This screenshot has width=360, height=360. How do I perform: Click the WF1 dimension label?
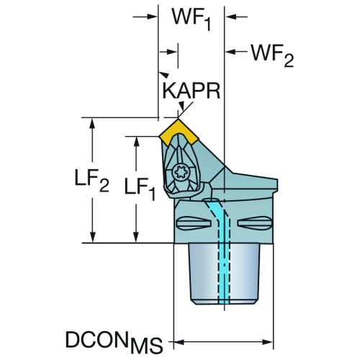coord(192,19)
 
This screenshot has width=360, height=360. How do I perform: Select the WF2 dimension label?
coord(272,55)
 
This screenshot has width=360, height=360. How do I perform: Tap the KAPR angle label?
coord(192,91)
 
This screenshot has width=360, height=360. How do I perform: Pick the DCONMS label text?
coord(114,342)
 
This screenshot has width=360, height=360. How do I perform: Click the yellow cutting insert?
coord(179,131)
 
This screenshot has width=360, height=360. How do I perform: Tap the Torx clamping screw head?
coord(180,172)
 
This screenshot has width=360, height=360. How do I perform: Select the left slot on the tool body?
coord(194,223)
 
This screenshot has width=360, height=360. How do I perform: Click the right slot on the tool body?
coord(254,223)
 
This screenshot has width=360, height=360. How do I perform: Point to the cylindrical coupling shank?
coord(224,274)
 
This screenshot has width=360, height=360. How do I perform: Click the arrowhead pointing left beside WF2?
coord(230,52)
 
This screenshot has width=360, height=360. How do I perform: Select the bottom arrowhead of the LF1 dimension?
coord(136,237)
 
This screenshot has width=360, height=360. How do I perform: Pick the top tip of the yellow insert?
coord(178,118)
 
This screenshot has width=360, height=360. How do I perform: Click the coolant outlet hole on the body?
coord(211,200)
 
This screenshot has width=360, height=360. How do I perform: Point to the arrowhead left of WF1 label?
coord(152,17)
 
